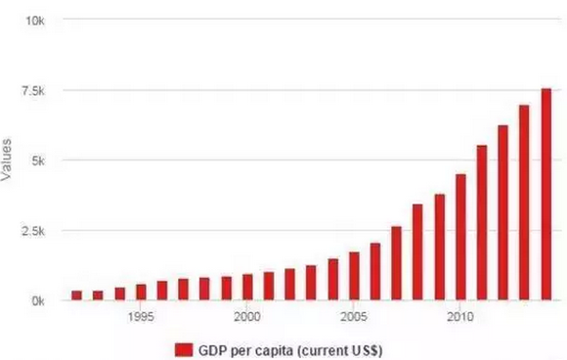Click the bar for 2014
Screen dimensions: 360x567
point(545,195)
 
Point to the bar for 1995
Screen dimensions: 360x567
point(141,292)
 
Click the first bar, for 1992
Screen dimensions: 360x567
point(77,295)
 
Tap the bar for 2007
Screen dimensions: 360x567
point(396,263)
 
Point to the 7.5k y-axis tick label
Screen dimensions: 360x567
point(30,91)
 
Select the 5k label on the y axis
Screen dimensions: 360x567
point(35,160)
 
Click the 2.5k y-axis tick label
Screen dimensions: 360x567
point(30,231)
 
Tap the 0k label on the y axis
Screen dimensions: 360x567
point(35,301)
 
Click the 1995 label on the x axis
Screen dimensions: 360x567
point(141,317)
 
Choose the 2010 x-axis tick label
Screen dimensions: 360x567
point(460,317)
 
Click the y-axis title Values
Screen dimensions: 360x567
point(9,160)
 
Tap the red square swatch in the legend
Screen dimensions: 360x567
point(183,348)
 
